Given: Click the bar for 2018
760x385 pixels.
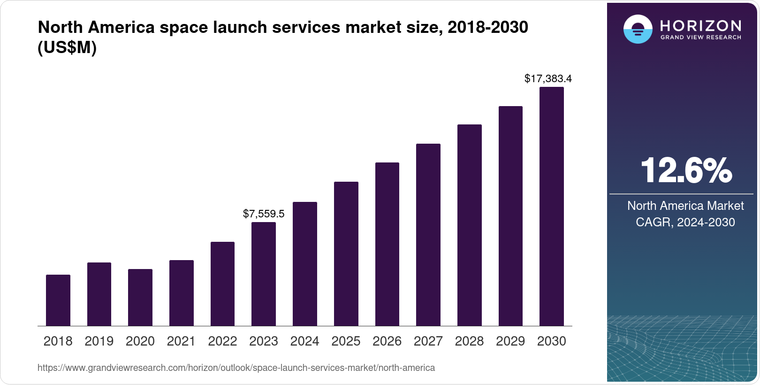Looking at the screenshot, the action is point(58,300).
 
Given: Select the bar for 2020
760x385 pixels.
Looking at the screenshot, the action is point(140,297).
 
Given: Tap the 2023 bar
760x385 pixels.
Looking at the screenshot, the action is point(264,274).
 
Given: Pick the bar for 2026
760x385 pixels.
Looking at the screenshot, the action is point(387,244).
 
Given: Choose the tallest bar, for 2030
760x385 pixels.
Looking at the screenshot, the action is point(552,207).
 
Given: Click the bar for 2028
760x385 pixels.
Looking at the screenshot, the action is point(470,225).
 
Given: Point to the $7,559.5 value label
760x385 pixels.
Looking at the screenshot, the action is point(264,214).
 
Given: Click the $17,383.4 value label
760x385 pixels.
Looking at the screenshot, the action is point(548,79).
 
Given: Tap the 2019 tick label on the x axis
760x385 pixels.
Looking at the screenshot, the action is point(99,341).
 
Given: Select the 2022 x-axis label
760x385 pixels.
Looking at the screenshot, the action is point(222,341).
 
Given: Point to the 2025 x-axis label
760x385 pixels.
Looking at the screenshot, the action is point(346,341).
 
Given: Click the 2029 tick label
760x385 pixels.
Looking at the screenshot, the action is point(510,341).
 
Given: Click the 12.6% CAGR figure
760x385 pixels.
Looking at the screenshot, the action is point(686,170).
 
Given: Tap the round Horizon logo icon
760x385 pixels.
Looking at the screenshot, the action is point(638,29).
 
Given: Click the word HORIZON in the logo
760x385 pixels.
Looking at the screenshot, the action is point(700,26).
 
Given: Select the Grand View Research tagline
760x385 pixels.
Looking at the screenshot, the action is point(700,38).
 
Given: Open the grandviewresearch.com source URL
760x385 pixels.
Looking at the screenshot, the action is point(236,368).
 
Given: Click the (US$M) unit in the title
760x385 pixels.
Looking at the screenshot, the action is point(67,47).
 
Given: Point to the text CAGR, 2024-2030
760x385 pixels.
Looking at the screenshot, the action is point(685,223).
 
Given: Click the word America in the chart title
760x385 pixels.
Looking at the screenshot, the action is point(121,27).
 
